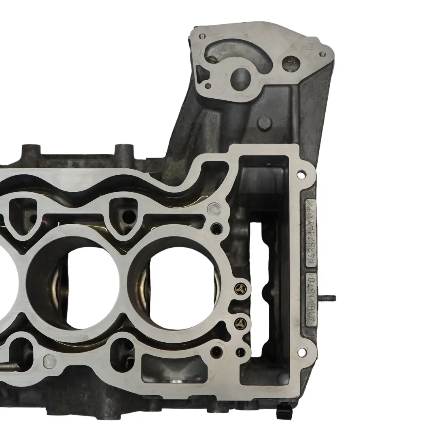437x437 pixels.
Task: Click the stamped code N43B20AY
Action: coord(312,234)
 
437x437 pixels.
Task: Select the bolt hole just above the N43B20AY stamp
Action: coord(301,175)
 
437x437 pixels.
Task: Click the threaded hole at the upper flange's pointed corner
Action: coord(322,54)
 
